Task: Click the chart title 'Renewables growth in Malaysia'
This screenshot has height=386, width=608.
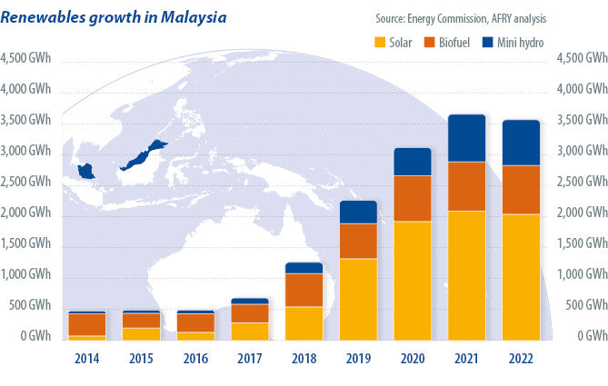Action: (x=115, y=17)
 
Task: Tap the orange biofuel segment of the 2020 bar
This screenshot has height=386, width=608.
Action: (x=412, y=198)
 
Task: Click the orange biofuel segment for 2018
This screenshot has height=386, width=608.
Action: (x=304, y=290)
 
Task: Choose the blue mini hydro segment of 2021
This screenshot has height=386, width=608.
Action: (x=466, y=138)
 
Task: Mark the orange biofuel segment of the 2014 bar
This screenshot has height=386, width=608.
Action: (x=86, y=324)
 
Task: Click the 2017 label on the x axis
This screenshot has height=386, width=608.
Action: (x=249, y=358)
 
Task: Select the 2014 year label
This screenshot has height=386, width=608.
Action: (x=86, y=358)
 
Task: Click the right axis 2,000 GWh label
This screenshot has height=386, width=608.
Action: (x=580, y=213)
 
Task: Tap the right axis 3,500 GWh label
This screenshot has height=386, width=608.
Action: (x=580, y=121)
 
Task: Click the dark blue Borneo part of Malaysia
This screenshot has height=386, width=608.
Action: (x=145, y=155)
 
